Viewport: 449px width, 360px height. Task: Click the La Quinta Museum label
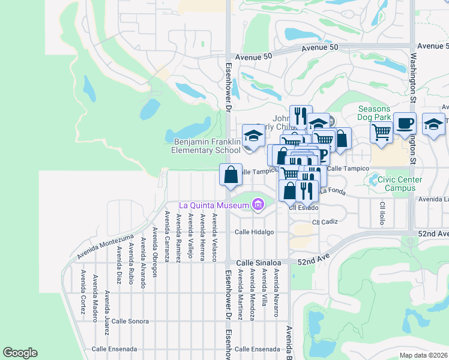[214, 206]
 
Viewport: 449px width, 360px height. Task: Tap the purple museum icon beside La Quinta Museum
[258, 206]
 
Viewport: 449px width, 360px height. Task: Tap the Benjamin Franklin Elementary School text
[206, 146]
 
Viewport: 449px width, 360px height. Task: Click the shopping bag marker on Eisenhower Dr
[231, 176]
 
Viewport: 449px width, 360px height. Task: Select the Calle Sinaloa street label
[258, 263]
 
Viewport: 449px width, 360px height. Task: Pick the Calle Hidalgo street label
[254, 232]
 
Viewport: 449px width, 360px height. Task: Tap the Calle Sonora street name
[130, 321]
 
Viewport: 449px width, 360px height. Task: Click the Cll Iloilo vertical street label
[382, 213]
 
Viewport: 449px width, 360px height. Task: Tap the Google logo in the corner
[20, 353]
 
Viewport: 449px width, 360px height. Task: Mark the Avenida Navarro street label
[277, 293]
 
